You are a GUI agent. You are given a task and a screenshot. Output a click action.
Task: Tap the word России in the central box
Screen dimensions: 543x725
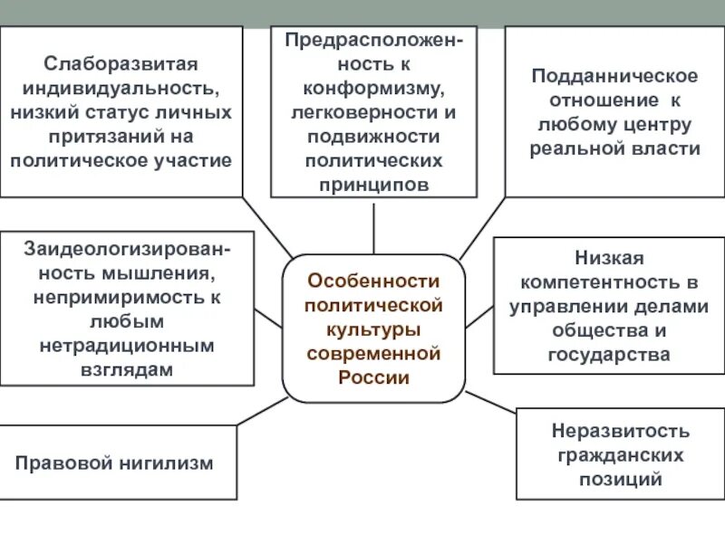373,376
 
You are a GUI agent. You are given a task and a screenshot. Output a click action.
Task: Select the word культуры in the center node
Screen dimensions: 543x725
373,329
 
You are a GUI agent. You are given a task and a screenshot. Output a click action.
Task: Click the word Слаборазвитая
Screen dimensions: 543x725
121,66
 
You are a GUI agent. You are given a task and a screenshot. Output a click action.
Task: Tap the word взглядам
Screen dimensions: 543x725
126,368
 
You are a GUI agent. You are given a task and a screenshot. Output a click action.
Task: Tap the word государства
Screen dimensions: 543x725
609,354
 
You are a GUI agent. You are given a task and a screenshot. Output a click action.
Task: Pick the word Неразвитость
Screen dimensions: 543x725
620,431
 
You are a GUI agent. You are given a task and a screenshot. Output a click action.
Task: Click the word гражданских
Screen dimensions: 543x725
620,454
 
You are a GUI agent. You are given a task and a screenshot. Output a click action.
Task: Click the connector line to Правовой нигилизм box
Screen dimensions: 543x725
263,412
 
